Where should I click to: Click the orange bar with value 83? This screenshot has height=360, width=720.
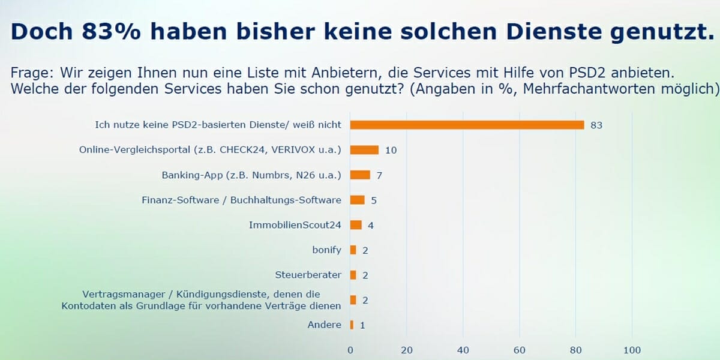point(467,125)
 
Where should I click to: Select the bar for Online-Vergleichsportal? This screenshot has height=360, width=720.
point(364,150)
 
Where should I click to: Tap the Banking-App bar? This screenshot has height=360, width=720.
point(360,175)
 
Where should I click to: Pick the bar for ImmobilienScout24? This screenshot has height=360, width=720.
point(356,225)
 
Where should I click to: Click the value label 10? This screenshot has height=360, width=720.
point(391,150)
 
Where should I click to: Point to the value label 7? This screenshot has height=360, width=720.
point(380,175)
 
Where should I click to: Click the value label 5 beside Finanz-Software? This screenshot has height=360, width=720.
point(374,200)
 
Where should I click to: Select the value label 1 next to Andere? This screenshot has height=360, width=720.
point(363,325)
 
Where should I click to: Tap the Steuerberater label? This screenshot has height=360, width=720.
point(308,275)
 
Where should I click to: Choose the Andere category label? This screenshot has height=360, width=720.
point(324,325)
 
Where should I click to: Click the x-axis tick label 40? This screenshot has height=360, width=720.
point(463,350)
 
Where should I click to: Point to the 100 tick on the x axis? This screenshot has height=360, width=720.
point(632,350)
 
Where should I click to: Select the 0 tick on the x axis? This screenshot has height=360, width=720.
point(350,350)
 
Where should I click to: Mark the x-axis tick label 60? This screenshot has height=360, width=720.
point(519,350)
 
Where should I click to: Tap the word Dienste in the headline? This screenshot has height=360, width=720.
point(553,31)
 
